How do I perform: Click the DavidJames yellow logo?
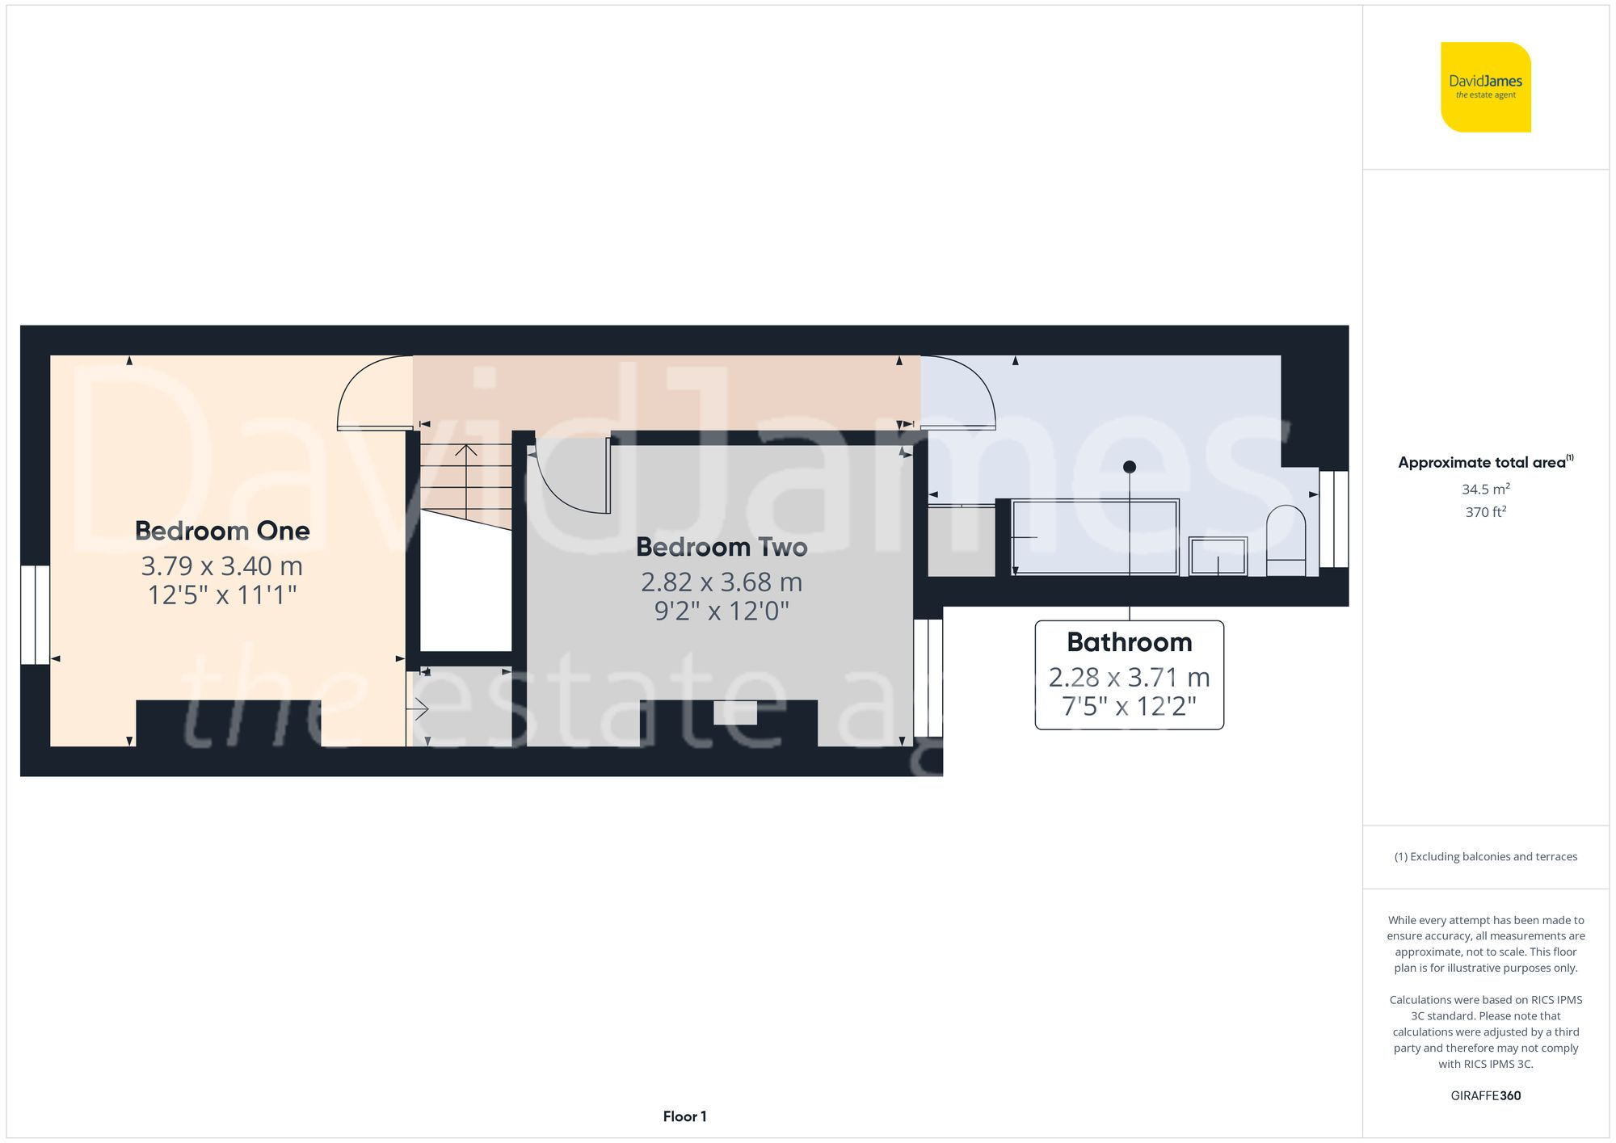[x=1485, y=87]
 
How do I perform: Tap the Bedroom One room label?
[x=222, y=531]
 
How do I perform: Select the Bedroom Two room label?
[x=722, y=547]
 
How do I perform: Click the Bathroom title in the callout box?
[x=1129, y=642]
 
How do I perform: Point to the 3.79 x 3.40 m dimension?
[x=222, y=566]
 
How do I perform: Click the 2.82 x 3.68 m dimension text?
[x=722, y=582]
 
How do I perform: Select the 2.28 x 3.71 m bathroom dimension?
[x=1129, y=677]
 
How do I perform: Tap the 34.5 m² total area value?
[x=1485, y=489]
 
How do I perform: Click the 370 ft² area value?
[x=1485, y=512]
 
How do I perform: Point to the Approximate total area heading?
[x=1485, y=462]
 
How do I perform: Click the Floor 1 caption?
[x=684, y=1116]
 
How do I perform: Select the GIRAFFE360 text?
[x=1485, y=1095]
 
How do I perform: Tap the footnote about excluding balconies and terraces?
[x=1485, y=856]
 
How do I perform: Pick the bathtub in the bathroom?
[x=1095, y=537]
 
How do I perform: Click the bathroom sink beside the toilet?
[x=1218, y=556]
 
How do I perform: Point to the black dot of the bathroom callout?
[x=1130, y=467]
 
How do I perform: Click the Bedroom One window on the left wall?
[x=35, y=615]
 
